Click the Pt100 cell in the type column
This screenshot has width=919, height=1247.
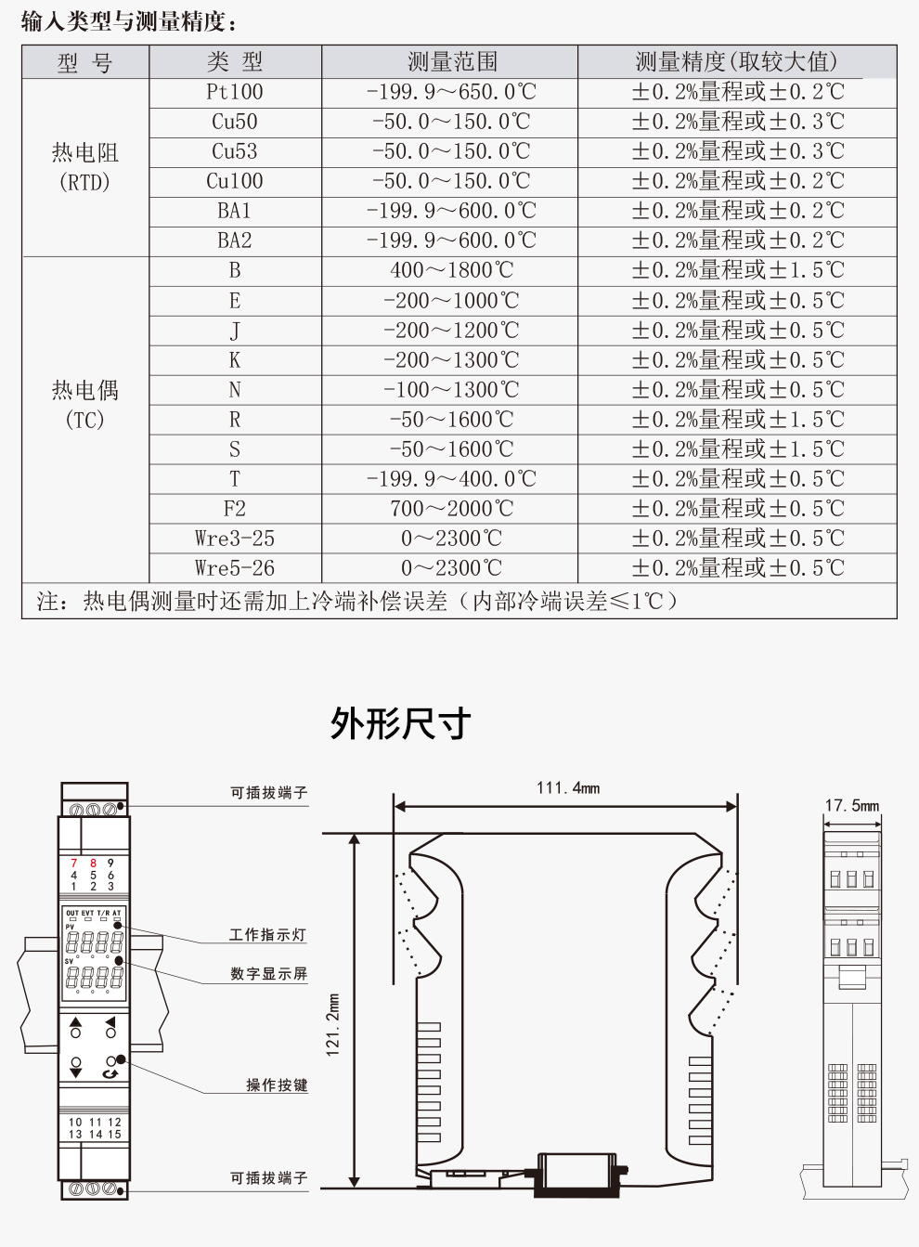tap(235, 92)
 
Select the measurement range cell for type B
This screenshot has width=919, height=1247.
tap(451, 270)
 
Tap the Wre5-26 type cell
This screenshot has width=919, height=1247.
tap(235, 567)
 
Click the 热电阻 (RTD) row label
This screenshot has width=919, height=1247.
tap(84, 167)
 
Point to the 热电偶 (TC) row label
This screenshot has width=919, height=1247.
tap(84, 405)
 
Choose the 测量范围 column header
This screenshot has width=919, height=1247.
tap(451, 62)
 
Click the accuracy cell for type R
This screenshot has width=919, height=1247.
tap(738, 420)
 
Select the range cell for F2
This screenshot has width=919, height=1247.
tap(451, 509)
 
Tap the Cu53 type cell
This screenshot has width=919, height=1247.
tap(235, 151)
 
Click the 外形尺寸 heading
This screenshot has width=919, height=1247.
tap(401, 724)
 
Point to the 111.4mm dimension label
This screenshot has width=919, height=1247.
tap(567, 788)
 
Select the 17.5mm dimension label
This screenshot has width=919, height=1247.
tap(851, 805)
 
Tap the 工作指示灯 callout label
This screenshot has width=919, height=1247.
tap(268, 935)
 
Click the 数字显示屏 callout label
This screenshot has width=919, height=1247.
tap(268, 974)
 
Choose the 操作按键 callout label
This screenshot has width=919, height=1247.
tap(277, 1085)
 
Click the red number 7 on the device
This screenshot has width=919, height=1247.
tap(74, 864)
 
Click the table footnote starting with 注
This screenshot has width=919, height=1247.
tap(357, 602)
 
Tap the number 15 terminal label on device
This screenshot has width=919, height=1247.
tap(114, 1134)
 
